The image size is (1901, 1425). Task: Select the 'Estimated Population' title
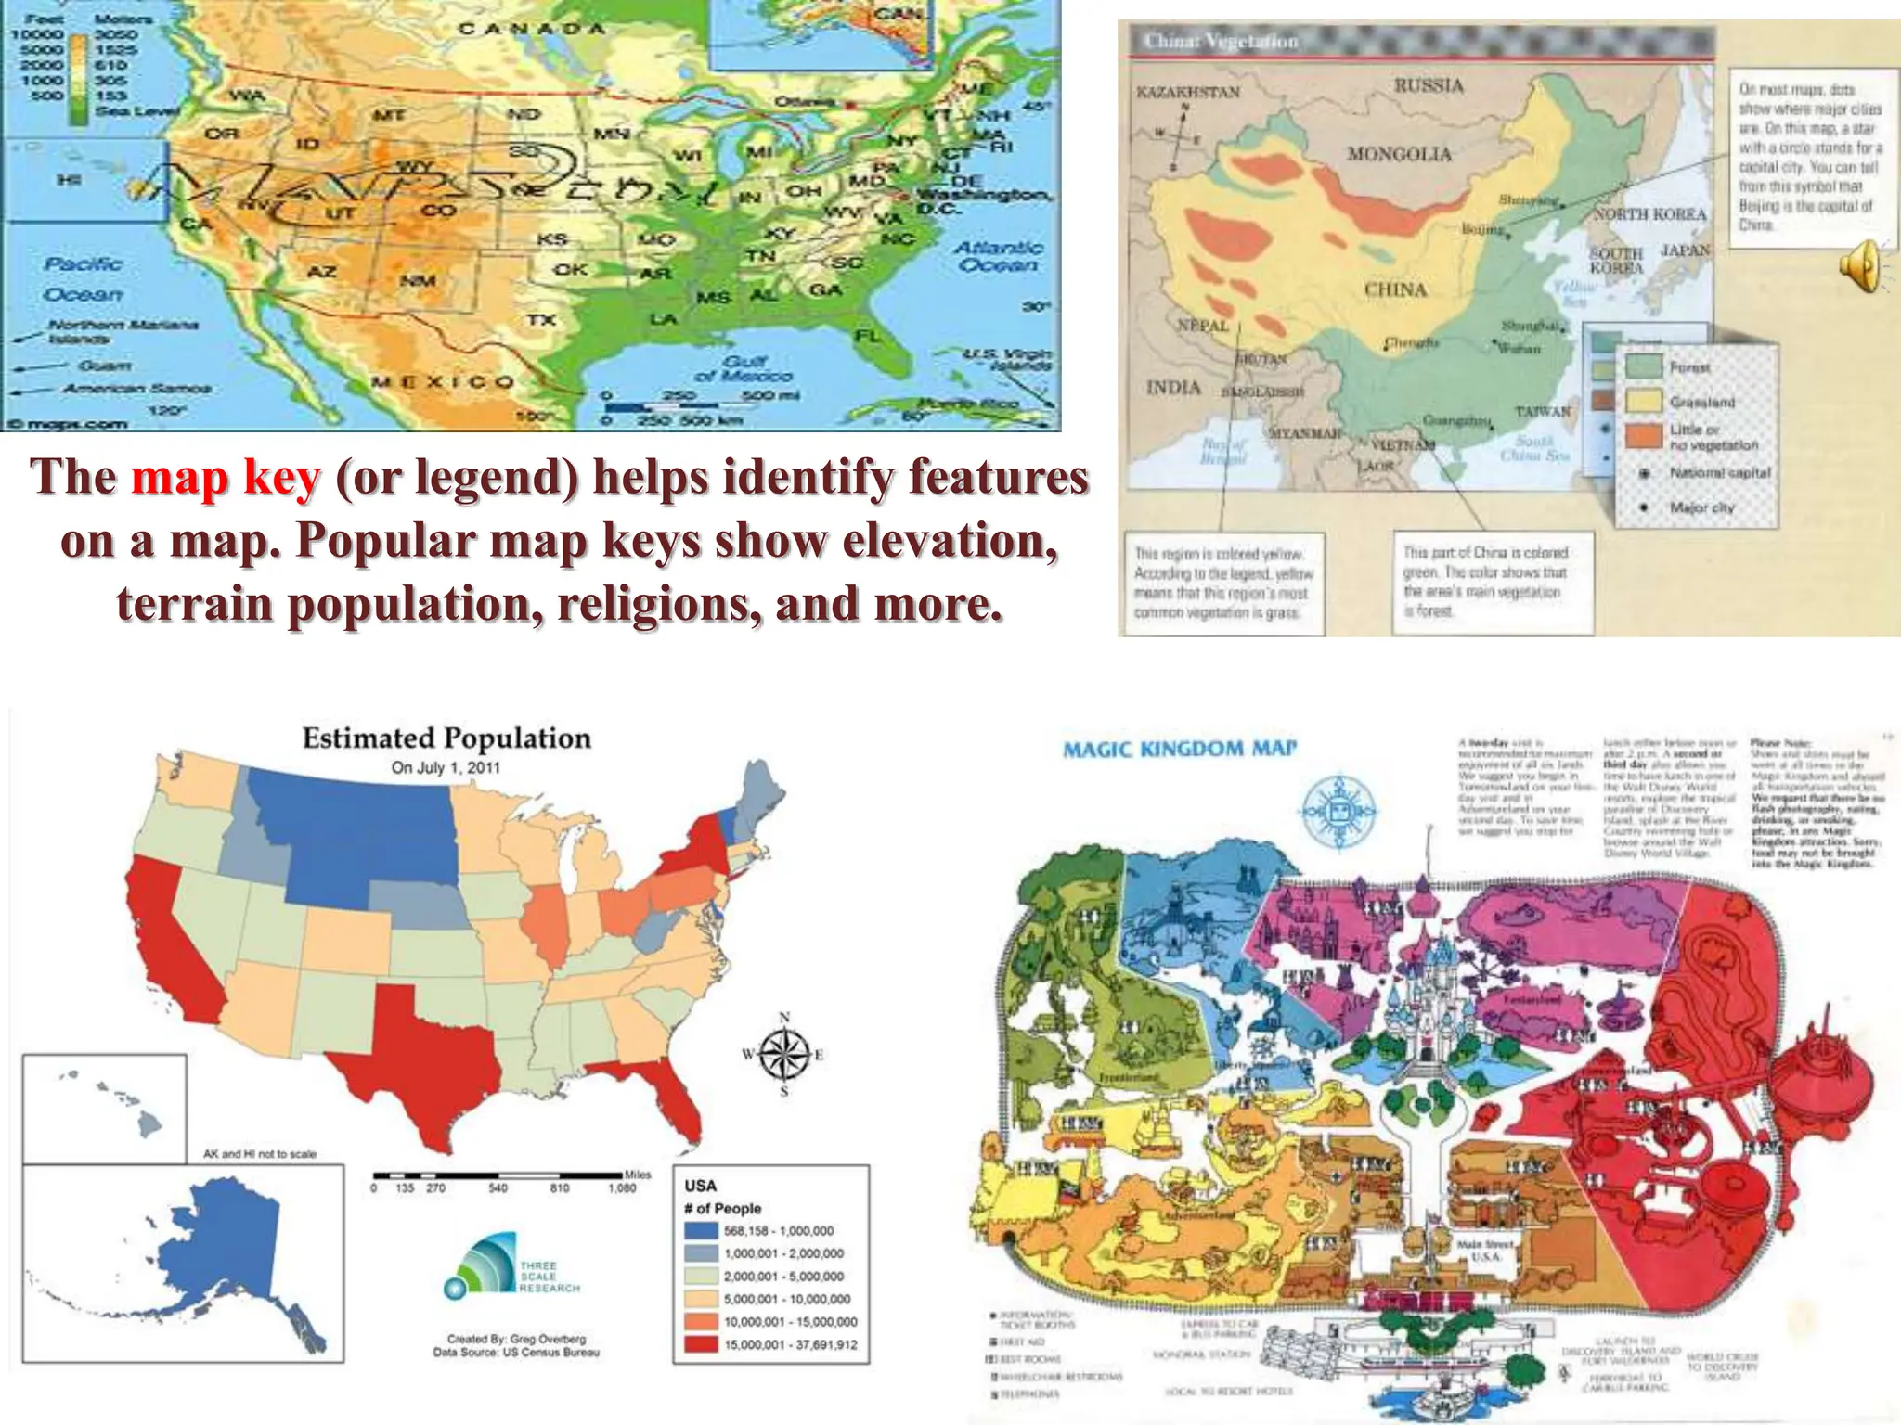[446, 738]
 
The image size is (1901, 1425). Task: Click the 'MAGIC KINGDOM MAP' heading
[1179, 749]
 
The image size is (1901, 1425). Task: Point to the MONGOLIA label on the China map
[1399, 154]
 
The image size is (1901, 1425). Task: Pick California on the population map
[173, 946]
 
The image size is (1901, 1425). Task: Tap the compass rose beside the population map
[784, 1055]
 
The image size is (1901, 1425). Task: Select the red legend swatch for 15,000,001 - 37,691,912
[702, 1344]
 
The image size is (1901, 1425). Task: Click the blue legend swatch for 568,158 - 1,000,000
[702, 1231]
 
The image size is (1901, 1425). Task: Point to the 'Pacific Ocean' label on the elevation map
[83, 278]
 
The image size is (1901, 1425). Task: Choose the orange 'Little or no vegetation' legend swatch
[1644, 436]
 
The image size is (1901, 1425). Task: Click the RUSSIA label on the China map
[1429, 86]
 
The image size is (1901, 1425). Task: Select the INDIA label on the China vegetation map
[1173, 388]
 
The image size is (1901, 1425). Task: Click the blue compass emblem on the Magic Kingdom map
[1338, 809]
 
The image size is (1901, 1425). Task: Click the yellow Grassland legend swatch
[1644, 401]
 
